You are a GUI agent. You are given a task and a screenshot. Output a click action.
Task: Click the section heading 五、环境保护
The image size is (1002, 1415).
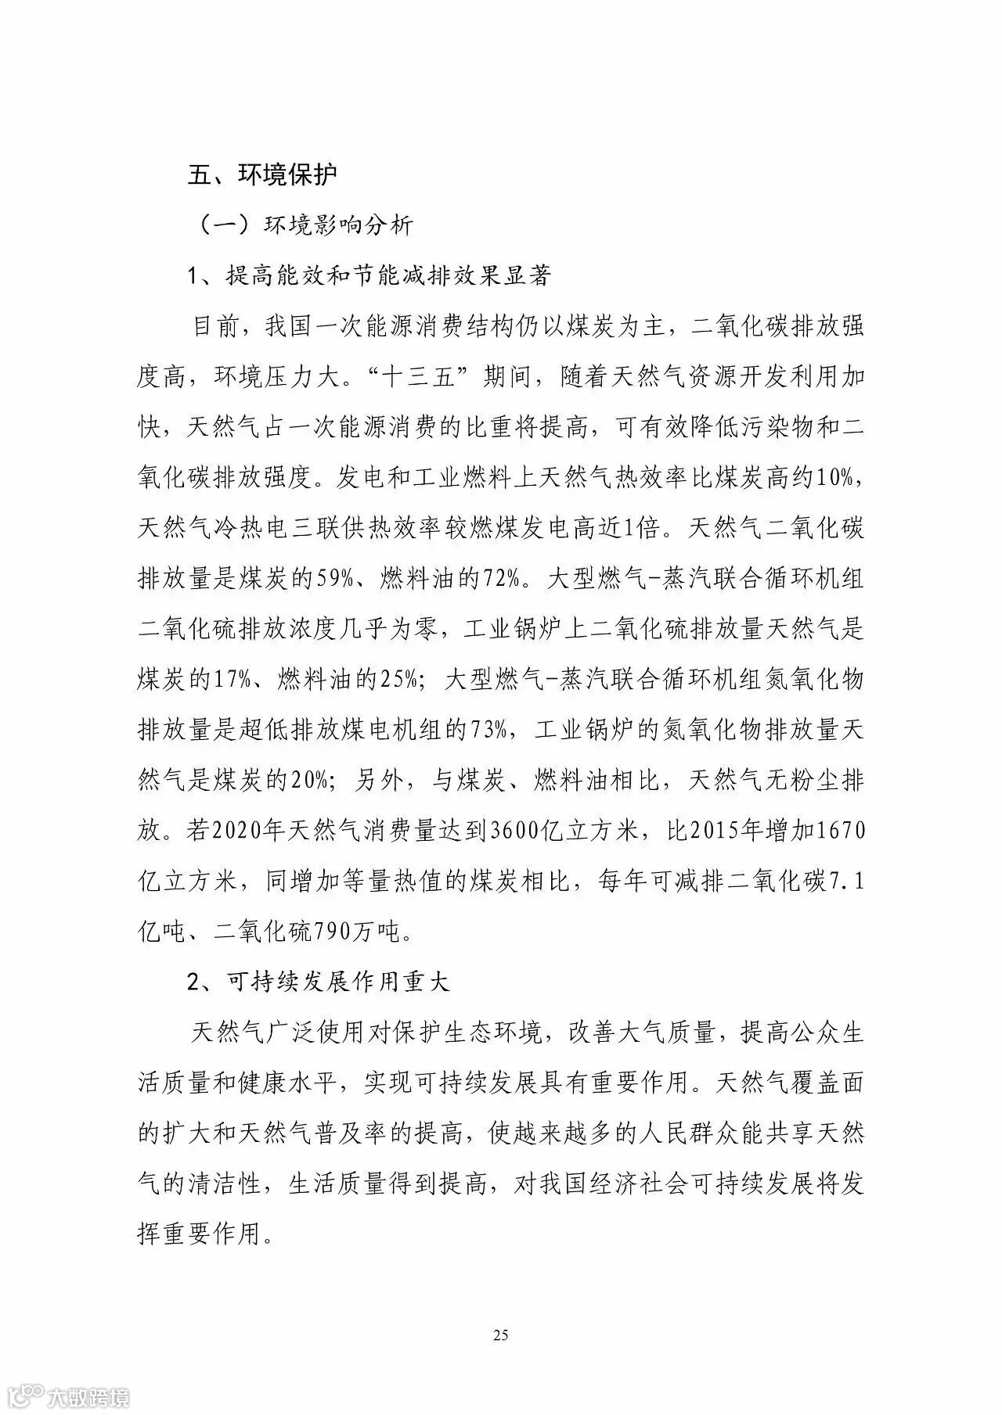(x=263, y=174)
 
